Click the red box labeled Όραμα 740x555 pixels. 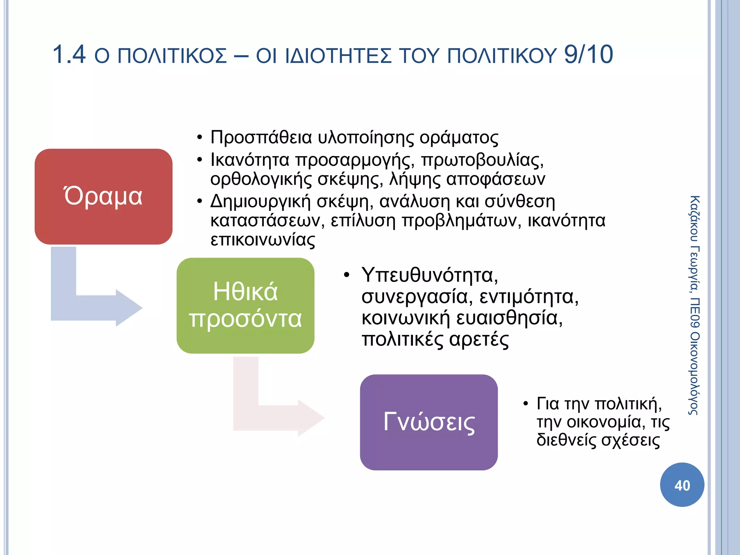point(103,197)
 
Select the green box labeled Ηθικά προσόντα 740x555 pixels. point(245,305)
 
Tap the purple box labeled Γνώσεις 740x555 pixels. point(429,422)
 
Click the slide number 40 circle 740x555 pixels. point(682,485)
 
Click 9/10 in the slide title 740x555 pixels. point(588,55)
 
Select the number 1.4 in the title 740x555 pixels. point(69,55)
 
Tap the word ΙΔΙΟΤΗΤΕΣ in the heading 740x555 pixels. point(338,56)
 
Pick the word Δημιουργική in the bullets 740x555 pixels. point(261,202)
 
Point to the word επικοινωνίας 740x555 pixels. point(263,240)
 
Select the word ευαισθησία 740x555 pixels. point(509,318)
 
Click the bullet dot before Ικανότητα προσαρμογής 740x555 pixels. point(199,160)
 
